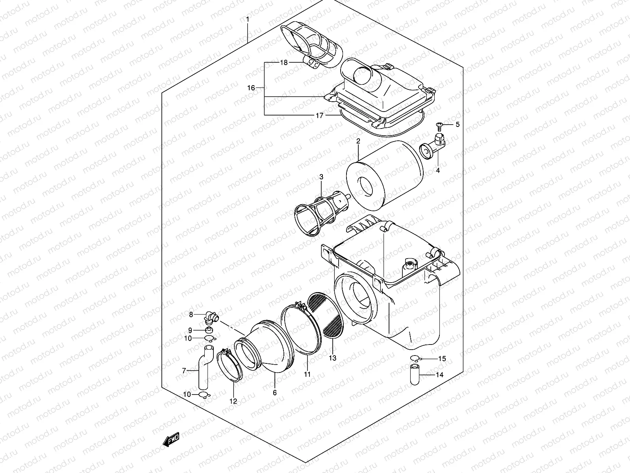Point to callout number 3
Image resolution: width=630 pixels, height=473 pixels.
pos(321,177)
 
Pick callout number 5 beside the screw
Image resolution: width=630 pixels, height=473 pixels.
pos(457,125)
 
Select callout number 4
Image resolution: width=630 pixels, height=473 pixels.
pos(437,170)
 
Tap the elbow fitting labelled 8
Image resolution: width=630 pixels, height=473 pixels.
pos(212,316)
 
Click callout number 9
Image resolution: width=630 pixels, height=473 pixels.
pos(190,330)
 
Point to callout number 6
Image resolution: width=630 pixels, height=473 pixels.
pos(274,393)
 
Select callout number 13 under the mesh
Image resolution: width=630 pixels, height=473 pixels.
pos(333,358)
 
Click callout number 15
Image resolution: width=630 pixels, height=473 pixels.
pos(442,359)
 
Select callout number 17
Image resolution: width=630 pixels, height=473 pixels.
pos(319,115)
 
